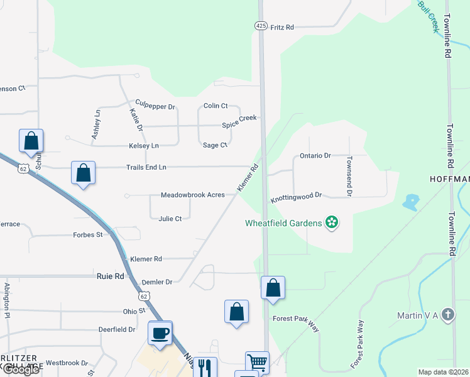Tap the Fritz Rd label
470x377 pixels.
pyautogui.click(x=282, y=28)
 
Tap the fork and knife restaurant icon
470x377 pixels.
pyautogui.click(x=205, y=366)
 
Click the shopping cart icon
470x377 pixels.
pyautogui.click(x=257, y=363)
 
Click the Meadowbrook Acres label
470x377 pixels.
pyautogui.click(x=192, y=195)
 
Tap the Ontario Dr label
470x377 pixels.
pyautogui.click(x=315, y=155)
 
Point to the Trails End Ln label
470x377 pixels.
pyautogui.click(x=145, y=167)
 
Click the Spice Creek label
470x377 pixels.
pyautogui.click(x=240, y=126)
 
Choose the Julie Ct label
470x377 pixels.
pyautogui.click(x=170, y=219)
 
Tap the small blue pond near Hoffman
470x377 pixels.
pyautogui.click(x=410, y=202)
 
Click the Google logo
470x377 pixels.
pyautogui.click(x=21, y=369)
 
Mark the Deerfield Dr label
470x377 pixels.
pyautogui.click(x=117, y=329)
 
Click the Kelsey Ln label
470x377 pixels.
pyautogui.click(x=145, y=146)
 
